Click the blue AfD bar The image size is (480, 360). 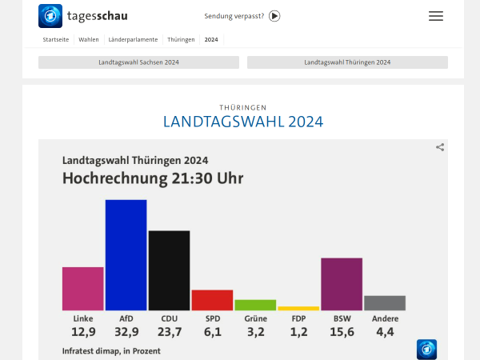click(126, 254)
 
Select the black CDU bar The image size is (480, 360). click(169, 270)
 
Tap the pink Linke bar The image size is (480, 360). click(82, 288)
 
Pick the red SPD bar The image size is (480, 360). click(212, 300)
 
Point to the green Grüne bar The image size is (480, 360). click(255, 305)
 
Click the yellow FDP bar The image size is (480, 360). click(298, 308)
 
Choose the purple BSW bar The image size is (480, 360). click(342, 284)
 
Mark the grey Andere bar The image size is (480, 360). click(385, 302)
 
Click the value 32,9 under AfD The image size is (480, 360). click(126, 332)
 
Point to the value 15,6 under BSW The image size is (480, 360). click(342, 332)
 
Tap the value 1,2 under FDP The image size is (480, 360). click(298, 332)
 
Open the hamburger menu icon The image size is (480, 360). click(436, 16)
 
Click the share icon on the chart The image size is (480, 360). click(440, 147)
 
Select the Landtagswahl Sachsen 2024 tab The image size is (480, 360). click(138, 62)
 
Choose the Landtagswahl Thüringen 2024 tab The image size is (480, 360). click(347, 62)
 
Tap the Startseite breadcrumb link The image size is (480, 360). click(55, 39)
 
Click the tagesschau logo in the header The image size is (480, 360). click(83, 16)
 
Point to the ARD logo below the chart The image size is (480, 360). click(426, 349)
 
